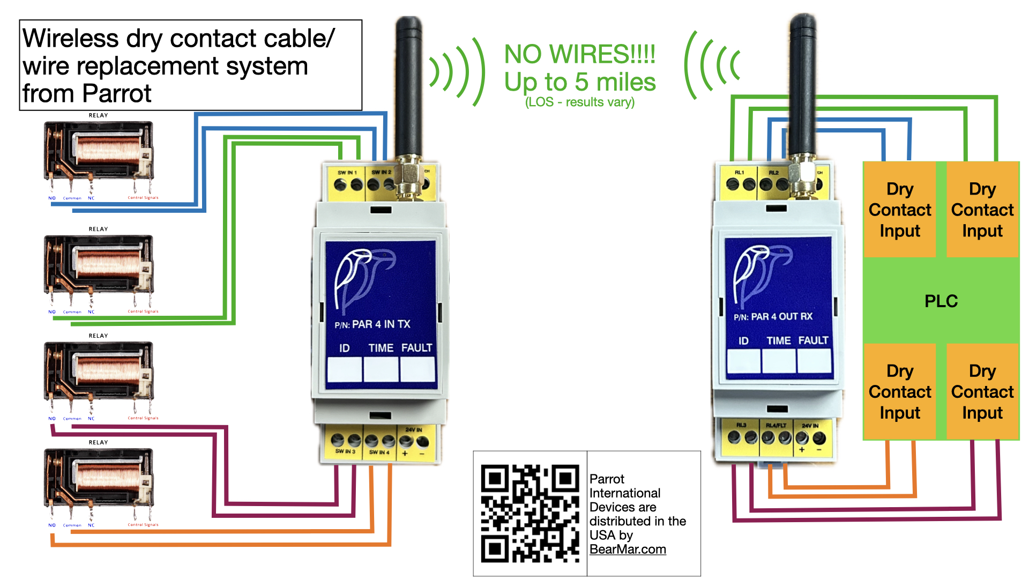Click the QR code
530,513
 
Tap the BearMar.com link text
628,550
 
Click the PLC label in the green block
941,301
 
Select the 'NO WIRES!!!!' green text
580,55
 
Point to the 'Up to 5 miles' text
580,82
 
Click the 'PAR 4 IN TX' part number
381,324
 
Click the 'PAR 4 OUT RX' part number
781,317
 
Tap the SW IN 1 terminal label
347,173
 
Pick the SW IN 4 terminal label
379,452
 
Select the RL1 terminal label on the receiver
739,173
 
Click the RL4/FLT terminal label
776,426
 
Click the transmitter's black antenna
408,86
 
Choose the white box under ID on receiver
743,361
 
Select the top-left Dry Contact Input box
900,210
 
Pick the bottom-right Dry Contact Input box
982,392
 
